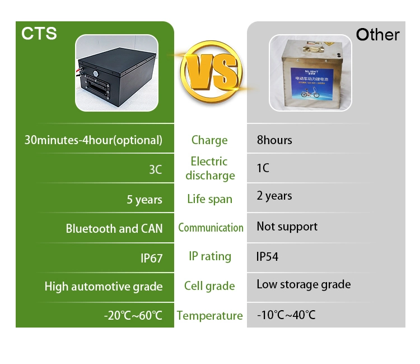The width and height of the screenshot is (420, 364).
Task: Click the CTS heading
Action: click(39, 33)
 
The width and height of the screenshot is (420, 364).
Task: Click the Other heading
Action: click(378, 35)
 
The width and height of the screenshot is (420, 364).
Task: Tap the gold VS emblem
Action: click(210, 73)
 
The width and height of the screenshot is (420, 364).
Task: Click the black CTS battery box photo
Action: click(122, 73)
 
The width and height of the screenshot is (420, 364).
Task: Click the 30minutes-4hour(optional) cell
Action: click(94, 140)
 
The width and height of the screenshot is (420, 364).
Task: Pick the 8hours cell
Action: click(274, 140)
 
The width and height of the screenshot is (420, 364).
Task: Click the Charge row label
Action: click(209, 140)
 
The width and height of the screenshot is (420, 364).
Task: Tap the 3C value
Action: click(155, 169)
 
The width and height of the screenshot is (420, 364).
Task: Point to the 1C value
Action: click(263, 168)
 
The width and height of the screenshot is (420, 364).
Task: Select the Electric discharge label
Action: click(209, 168)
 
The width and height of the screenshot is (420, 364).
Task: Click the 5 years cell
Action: click(144, 200)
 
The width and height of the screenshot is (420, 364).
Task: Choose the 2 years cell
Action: click(274, 196)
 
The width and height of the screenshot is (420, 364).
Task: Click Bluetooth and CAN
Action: click(114, 228)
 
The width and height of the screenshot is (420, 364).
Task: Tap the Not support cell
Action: click(287, 227)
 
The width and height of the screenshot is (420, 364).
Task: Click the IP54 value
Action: click(267, 257)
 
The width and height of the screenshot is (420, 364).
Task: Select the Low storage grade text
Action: click(304, 284)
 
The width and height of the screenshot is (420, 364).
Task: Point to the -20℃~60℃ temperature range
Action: click(133, 316)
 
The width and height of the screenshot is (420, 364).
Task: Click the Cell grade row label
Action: click(209, 286)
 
